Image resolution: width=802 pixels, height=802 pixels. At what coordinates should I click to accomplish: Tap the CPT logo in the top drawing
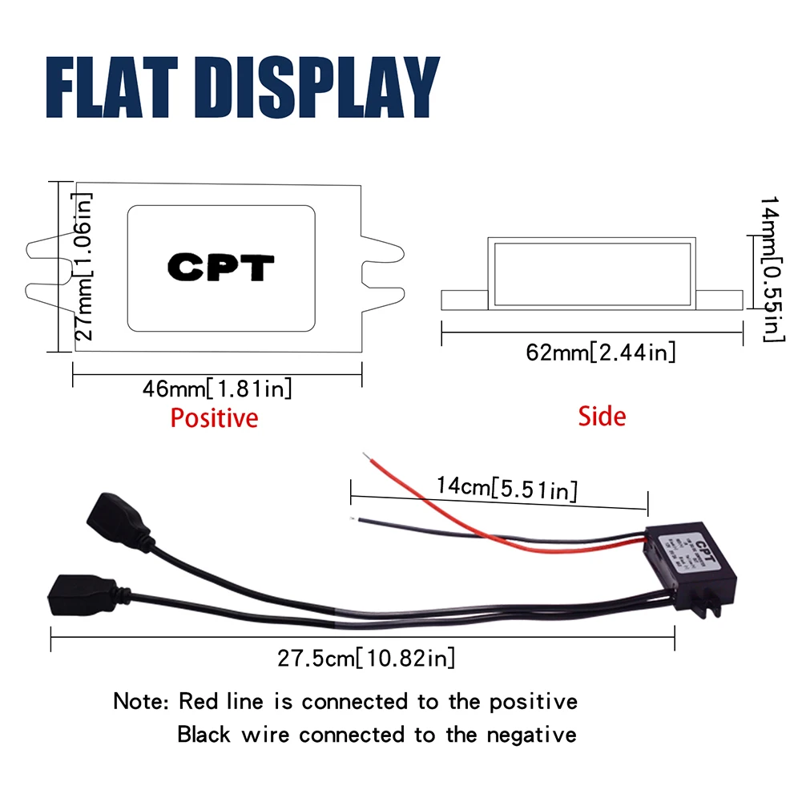(x=220, y=268)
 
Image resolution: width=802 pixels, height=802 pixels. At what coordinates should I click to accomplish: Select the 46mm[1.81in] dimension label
(x=217, y=389)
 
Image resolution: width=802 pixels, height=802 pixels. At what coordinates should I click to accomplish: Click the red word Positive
(x=214, y=417)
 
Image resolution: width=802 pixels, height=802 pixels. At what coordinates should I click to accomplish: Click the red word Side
(x=602, y=416)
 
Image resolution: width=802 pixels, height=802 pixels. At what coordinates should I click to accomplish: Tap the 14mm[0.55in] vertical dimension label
(x=769, y=268)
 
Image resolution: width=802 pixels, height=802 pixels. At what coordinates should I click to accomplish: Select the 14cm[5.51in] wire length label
(x=506, y=486)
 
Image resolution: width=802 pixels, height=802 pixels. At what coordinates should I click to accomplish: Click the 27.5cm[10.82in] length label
(x=366, y=659)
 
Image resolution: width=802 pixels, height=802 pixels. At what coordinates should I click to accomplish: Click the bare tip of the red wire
(x=366, y=457)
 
